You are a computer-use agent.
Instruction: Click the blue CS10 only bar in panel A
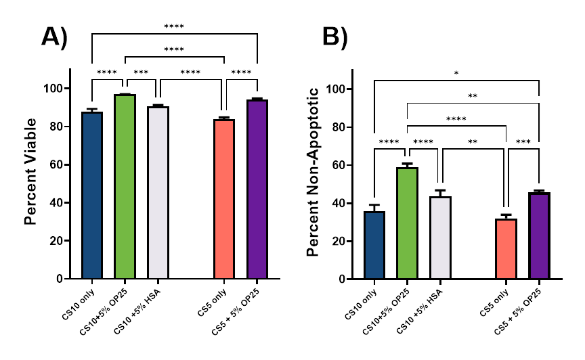(x=92, y=196)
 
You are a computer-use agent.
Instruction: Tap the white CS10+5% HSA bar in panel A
(x=158, y=194)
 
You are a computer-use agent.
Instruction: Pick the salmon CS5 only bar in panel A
(x=224, y=200)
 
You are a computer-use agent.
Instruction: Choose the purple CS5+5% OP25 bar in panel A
(x=257, y=190)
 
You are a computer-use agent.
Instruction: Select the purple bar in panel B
(x=540, y=236)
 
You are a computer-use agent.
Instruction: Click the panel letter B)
(x=334, y=37)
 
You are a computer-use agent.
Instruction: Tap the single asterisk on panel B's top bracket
(x=456, y=73)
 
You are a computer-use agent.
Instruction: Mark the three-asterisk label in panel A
(x=141, y=72)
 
